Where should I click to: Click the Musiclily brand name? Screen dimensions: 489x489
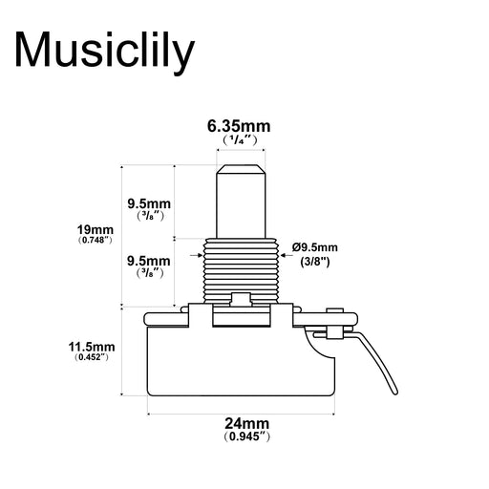(x=105, y=50)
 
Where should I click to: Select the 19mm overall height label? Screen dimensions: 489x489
(x=96, y=229)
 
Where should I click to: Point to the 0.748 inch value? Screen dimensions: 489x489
(x=96, y=241)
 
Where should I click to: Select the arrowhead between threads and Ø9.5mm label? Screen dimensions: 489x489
(x=287, y=253)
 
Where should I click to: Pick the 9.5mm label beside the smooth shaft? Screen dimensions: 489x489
(x=149, y=203)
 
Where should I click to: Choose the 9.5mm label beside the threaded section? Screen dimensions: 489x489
(x=149, y=260)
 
